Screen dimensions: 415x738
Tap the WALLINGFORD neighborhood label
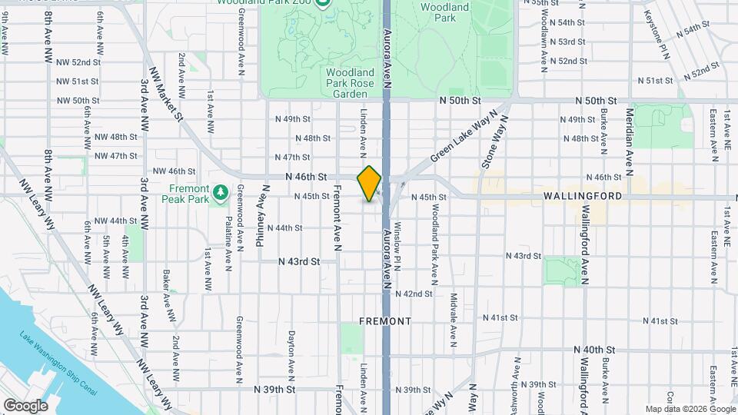coord(583,197)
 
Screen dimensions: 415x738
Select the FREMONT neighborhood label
coord(385,320)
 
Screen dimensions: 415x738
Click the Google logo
coord(25,405)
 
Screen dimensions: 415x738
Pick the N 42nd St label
coord(417,294)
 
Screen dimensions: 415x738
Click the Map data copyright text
coord(689,409)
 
